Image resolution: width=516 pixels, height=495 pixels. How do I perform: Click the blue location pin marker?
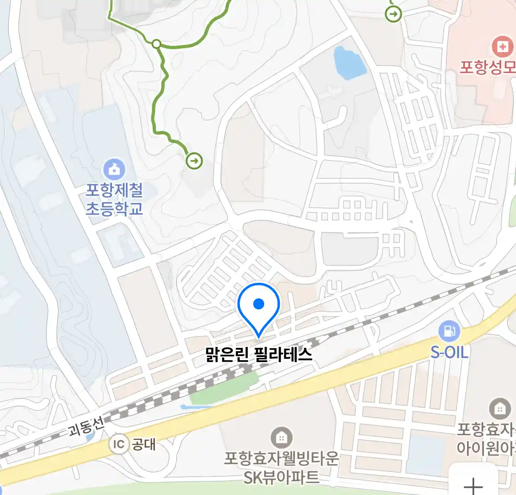(x=259, y=307)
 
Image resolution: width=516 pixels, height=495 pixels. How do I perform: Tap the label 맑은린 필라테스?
(x=259, y=355)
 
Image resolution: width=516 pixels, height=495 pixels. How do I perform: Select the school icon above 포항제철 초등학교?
(x=114, y=169)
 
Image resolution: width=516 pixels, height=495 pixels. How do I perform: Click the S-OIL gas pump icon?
(x=449, y=331)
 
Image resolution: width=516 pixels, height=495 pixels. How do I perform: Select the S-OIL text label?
(x=449, y=352)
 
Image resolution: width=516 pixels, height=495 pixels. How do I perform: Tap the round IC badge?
(x=118, y=444)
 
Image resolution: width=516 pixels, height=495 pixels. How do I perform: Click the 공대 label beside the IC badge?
(x=144, y=444)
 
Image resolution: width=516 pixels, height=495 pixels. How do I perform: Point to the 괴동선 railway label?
(x=86, y=427)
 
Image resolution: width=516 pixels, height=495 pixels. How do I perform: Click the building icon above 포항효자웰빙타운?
(x=282, y=438)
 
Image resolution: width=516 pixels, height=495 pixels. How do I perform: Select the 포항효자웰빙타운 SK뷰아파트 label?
(x=281, y=467)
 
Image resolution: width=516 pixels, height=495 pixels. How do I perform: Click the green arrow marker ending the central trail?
(x=194, y=161)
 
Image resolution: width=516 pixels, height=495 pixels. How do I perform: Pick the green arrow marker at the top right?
(x=393, y=14)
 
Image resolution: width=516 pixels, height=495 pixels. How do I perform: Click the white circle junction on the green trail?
(x=156, y=44)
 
